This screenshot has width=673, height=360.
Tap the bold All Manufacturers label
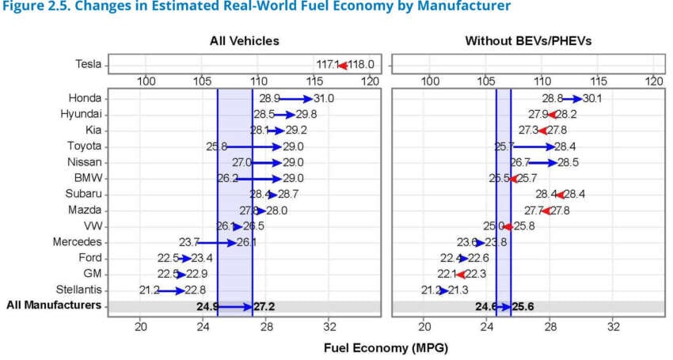[54, 305]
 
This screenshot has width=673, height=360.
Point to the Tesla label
[88, 64]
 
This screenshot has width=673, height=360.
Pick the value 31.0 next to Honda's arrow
[324, 98]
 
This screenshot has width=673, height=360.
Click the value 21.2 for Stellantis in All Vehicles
[148, 290]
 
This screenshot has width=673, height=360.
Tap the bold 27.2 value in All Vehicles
[264, 306]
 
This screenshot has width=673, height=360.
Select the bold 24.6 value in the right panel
[485, 306]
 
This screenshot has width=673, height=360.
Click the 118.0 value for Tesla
[361, 64]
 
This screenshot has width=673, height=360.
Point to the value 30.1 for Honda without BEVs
[592, 98]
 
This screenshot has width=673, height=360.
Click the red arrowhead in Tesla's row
[343, 64]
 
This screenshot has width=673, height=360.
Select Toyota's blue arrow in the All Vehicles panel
[254, 146]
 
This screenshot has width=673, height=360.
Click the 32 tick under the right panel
[613, 326]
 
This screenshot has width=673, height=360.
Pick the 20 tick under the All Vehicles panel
[142, 326]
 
